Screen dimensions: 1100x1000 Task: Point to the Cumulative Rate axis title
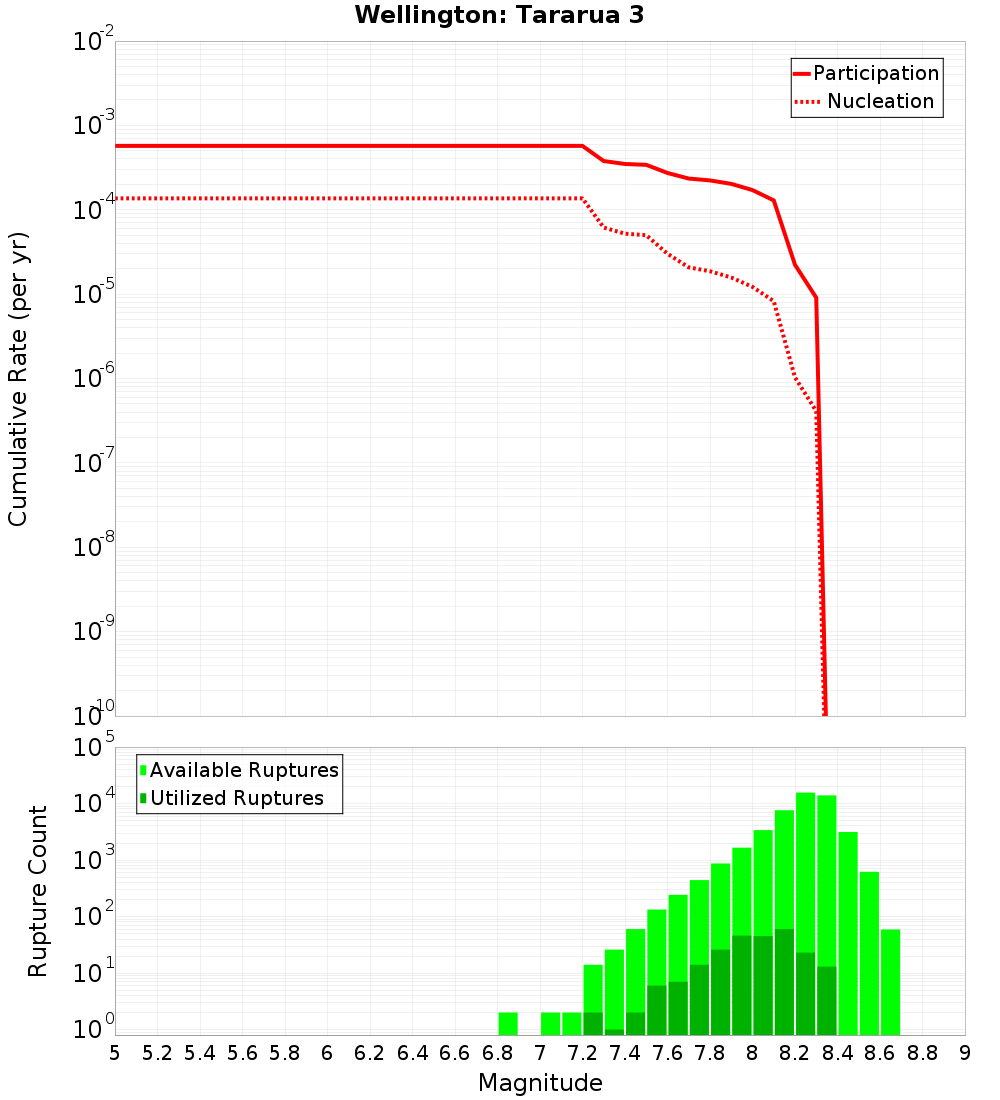coord(18,379)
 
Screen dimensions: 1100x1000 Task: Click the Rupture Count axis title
coord(38,891)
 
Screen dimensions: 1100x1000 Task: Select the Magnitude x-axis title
coord(540,1083)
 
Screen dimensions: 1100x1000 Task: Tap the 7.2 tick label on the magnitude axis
coord(582,1054)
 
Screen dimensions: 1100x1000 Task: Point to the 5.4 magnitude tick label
coord(200,1054)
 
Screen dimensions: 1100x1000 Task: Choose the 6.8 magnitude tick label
coord(497,1054)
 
